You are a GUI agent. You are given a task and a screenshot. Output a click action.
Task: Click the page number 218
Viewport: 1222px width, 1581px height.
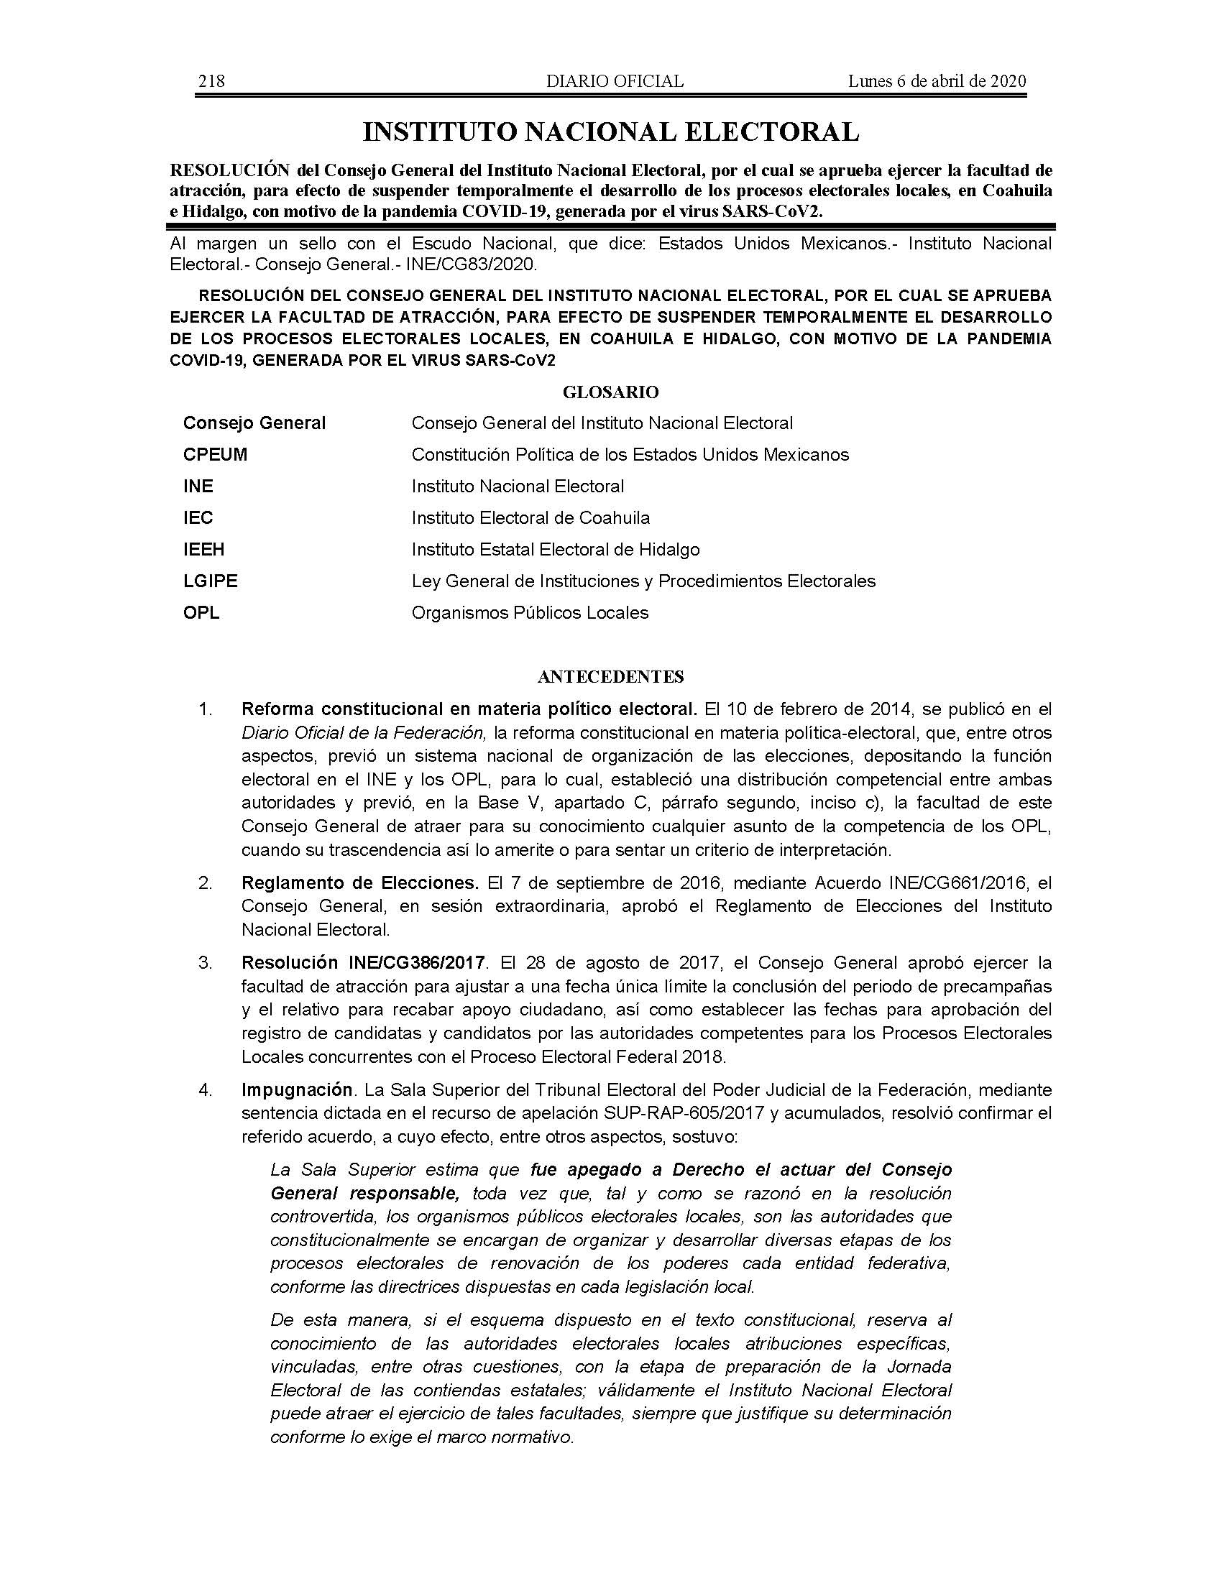point(211,81)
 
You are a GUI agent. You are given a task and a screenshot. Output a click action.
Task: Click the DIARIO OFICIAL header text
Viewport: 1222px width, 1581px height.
point(615,81)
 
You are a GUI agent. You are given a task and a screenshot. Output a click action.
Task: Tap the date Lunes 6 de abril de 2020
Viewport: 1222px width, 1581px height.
point(937,81)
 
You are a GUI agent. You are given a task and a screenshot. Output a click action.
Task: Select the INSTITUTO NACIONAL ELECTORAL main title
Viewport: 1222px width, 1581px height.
point(610,132)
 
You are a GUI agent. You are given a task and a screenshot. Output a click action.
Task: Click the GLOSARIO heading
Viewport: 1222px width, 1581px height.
point(610,392)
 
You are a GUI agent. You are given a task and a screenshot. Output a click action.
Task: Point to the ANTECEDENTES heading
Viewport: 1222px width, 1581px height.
point(610,677)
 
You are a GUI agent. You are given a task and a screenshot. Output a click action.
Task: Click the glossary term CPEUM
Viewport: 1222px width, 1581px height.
point(215,455)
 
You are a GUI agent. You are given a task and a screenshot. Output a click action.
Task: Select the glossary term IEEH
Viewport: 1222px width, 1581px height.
point(203,550)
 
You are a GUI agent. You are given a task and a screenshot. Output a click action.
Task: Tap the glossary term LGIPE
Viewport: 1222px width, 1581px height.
point(210,581)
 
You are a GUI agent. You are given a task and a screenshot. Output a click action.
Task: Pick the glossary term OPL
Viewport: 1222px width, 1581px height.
point(201,613)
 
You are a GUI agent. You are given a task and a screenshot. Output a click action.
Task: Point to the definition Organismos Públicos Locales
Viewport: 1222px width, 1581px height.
point(530,613)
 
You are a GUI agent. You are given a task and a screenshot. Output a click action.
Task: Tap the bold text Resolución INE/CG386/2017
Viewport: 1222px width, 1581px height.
point(363,963)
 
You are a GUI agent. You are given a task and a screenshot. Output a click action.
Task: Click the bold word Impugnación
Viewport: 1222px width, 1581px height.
point(297,1089)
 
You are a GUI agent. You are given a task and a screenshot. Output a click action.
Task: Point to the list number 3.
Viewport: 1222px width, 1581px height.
point(205,963)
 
